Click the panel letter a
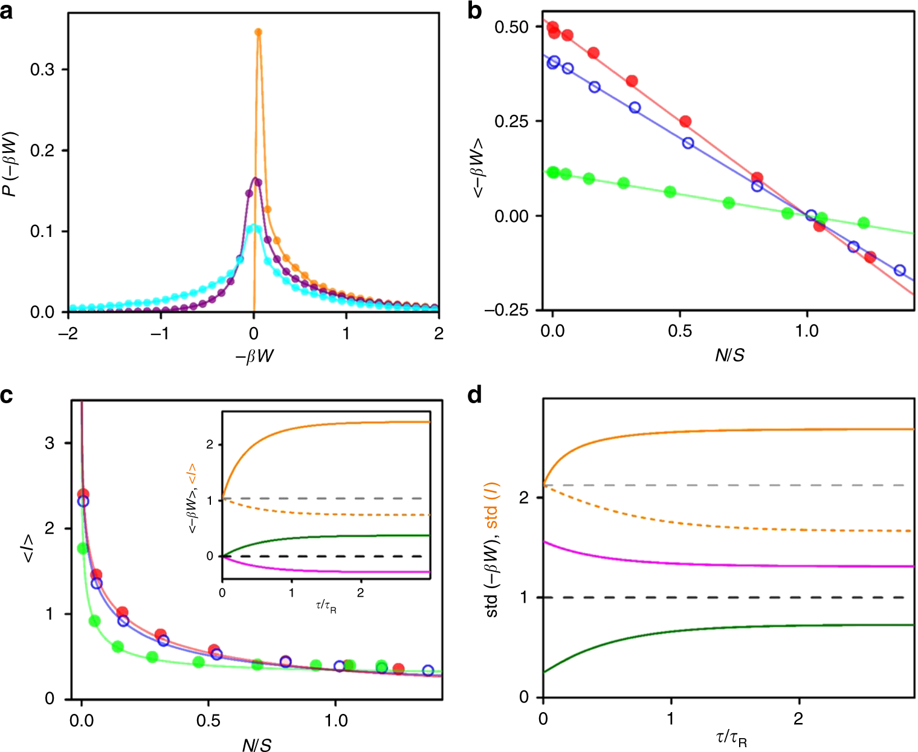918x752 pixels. (x=7, y=11)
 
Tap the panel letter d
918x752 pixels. (x=476, y=395)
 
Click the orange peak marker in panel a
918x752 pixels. (x=258, y=32)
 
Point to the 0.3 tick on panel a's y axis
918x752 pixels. (x=42, y=70)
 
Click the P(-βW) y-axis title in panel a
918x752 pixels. (x=10, y=163)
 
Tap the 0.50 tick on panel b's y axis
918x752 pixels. (x=511, y=27)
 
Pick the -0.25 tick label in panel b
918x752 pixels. (x=506, y=310)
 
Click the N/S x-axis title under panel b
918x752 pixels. (x=729, y=355)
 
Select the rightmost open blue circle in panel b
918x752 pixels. (x=899, y=270)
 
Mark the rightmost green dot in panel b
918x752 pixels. (x=864, y=223)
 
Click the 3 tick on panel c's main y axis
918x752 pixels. (x=50, y=443)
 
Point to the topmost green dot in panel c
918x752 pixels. (x=83, y=548)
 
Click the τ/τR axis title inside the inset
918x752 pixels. (x=326, y=606)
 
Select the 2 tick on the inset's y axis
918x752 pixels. (x=210, y=444)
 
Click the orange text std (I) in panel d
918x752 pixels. (x=493, y=505)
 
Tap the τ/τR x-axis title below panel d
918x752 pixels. (x=731, y=739)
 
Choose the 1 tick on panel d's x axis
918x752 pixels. (x=671, y=718)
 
